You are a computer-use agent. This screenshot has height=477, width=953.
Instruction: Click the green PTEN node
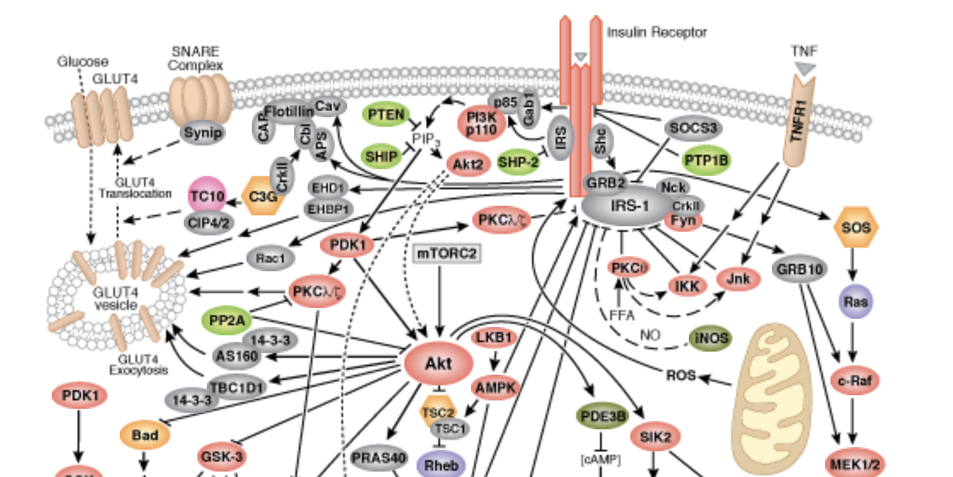click(x=387, y=114)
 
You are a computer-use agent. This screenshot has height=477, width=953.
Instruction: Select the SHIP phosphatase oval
click(x=381, y=156)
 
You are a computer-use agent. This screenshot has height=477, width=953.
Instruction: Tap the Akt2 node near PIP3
click(x=468, y=164)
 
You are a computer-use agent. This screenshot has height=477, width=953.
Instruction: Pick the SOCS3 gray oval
click(x=692, y=127)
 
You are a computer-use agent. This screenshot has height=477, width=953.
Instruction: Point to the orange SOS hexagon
click(x=856, y=228)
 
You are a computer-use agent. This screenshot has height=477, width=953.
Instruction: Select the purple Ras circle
click(x=856, y=301)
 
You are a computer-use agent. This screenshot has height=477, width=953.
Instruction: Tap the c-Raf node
click(x=855, y=381)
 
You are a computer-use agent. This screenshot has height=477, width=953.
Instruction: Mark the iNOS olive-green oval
click(x=711, y=338)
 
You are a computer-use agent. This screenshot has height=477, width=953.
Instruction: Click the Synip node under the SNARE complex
click(x=202, y=133)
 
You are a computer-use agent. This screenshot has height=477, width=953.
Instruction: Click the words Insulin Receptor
click(x=657, y=32)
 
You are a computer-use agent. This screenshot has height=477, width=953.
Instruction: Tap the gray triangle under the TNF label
click(x=805, y=68)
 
